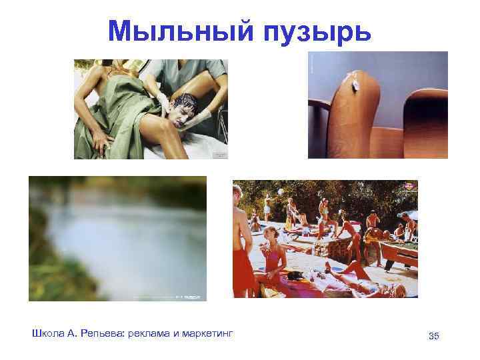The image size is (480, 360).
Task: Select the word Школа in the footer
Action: (x=47, y=333)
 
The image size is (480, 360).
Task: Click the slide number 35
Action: (x=434, y=335)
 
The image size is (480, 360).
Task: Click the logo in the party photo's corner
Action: (x=407, y=187)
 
